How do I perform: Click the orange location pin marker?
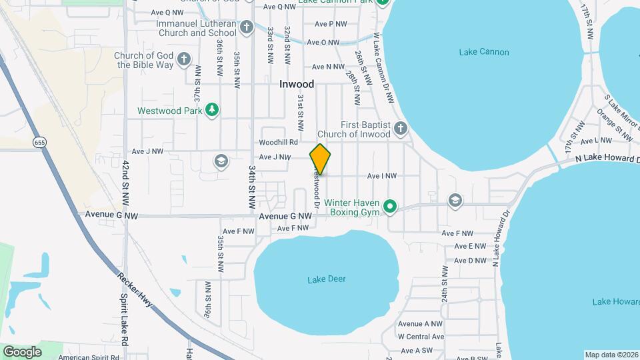point(320,159)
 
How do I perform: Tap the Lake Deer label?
point(327,279)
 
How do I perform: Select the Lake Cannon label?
point(484,52)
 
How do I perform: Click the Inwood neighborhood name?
point(297,85)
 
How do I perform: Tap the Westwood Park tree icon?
point(212,111)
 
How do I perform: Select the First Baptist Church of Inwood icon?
point(400,129)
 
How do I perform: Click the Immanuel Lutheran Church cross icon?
point(247,27)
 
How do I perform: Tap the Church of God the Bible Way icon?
point(184,60)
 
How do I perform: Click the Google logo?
point(22,351)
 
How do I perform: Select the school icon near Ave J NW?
point(220,161)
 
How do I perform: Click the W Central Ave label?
point(421,337)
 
